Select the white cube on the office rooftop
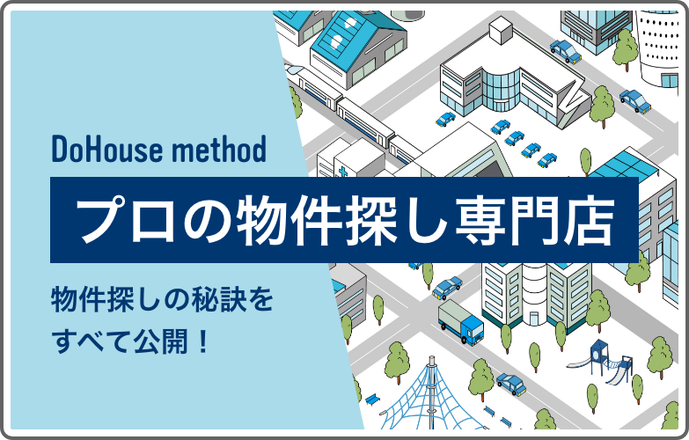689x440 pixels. pos(501,33)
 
